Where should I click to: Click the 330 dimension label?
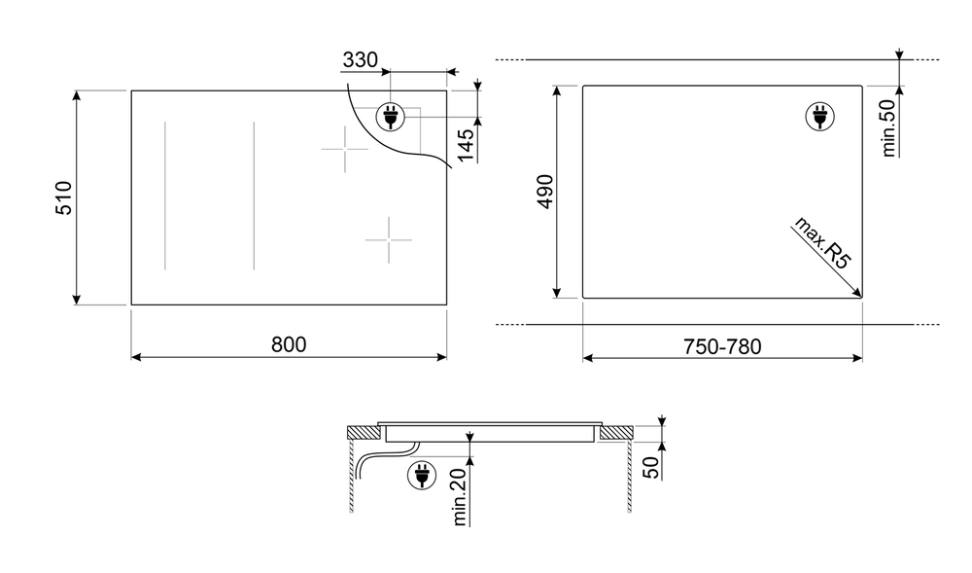click(x=361, y=60)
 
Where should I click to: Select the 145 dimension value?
click(x=466, y=145)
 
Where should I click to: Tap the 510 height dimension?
click(x=64, y=197)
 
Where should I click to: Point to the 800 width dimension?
click(x=289, y=344)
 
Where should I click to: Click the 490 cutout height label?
click(x=545, y=192)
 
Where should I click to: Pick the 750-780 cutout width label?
click(x=722, y=346)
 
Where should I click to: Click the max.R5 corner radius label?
click(x=822, y=242)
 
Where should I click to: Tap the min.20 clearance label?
click(x=460, y=497)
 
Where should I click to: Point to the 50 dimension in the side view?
click(x=651, y=468)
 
